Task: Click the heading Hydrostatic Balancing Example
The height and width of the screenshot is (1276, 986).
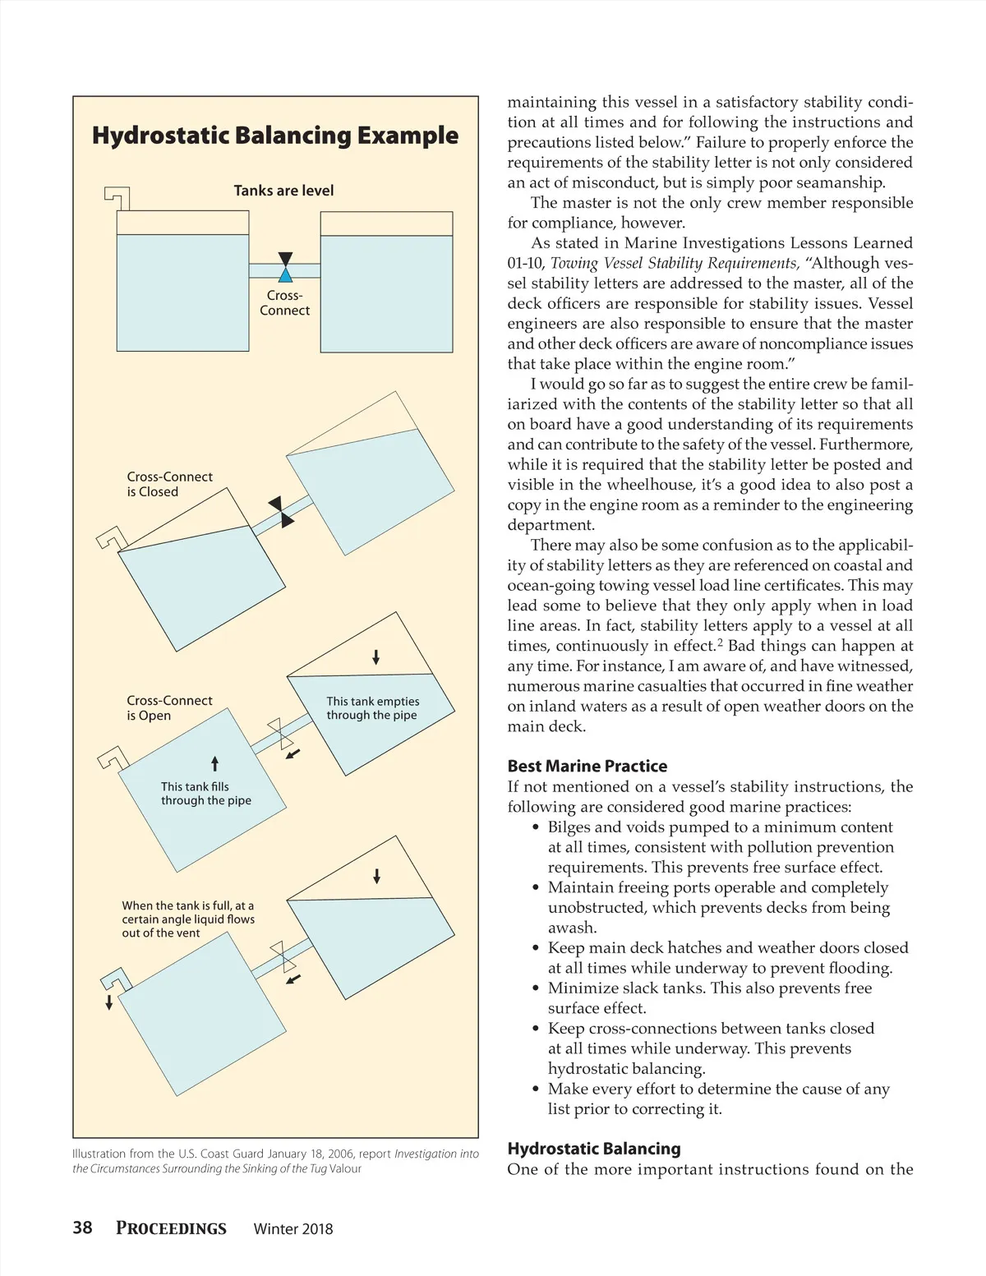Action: coord(274,136)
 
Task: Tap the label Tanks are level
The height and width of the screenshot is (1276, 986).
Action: coord(283,191)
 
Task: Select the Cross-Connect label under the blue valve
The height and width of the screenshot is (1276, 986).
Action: coord(284,303)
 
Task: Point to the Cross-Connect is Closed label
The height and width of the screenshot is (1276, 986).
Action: coord(169,484)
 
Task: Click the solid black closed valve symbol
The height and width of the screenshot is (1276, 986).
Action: coord(281,512)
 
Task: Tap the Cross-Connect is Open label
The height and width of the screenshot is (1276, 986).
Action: coord(169,707)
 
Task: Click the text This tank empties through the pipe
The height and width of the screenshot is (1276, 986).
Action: coord(372,708)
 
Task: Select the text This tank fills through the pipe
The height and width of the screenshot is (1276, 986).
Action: coord(205,793)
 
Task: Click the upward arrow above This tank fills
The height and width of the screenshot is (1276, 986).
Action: coord(215,763)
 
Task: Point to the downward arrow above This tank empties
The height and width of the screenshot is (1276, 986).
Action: coord(376,656)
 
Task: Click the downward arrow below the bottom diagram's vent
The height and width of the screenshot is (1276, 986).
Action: coord(109,1002)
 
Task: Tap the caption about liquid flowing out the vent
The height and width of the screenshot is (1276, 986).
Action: coord(188,919)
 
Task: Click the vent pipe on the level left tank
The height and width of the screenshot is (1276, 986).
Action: coord(117,197)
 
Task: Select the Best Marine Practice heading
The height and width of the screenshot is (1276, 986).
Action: coord(587,766)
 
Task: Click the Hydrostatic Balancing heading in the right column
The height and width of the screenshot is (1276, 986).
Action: coord(593,1149)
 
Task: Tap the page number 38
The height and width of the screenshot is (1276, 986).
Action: coord(82,1228)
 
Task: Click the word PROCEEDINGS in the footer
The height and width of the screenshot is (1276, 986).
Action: coord(171,1228)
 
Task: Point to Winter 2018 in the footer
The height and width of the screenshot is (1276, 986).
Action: coord(293,1229)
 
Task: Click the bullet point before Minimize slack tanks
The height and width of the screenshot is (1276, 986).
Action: coord(536,988)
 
